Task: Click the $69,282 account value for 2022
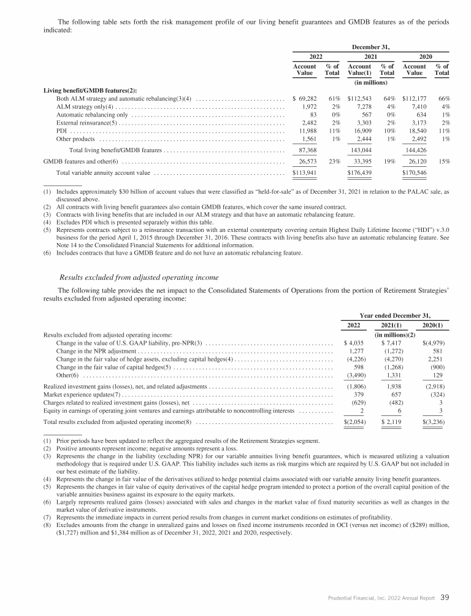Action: (x=305, y=98)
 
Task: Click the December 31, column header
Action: (x=371, y=45)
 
